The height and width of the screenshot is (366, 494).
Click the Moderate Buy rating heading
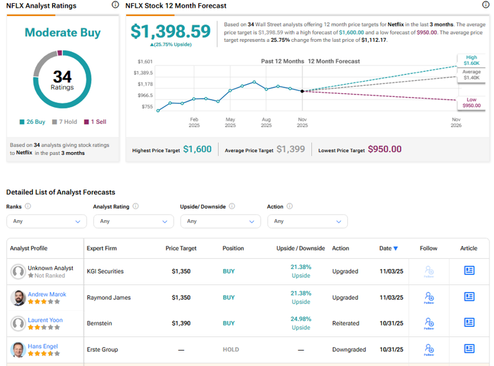(62, 33)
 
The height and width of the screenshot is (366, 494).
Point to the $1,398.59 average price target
(170, 31)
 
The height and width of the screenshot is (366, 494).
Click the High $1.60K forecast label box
(471, 60)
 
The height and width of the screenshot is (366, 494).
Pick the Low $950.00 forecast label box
(471, 102)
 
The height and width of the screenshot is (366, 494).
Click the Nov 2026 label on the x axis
(456, 123)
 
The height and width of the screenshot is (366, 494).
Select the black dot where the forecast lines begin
(302, 91)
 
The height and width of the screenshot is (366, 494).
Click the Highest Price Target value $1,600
(197, 149)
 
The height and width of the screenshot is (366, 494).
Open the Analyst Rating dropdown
(133, 221)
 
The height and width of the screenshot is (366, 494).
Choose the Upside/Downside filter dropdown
(220, 221)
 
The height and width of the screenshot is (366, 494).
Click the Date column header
(388, 248)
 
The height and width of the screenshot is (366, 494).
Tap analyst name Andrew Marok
(47, 294)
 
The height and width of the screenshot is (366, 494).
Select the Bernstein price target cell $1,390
(181, 324)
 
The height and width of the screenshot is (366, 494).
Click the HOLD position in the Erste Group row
(230, 350)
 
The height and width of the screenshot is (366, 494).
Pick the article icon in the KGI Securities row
(469, 271)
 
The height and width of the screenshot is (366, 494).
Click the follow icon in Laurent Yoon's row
(428, 324)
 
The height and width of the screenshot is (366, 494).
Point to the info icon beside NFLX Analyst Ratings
(115, 5)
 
